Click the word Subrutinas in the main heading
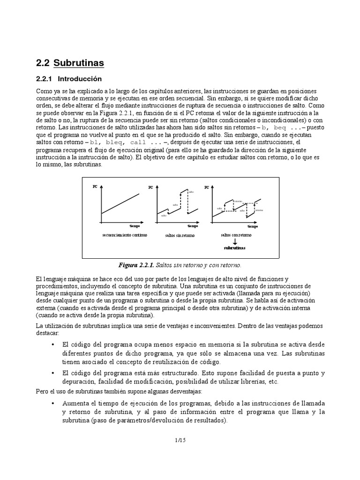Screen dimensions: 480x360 pyautogui.click(x=79, y=63)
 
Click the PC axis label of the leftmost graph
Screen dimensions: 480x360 pyautogui.click(x=95, y=187)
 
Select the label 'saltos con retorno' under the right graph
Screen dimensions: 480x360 pyautogui.click(x=235, y=234)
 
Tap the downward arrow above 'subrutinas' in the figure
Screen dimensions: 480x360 pyautogui.click(x=235, y=240)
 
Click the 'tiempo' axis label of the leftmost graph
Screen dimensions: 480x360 pyautogui.click(x=135, y=225)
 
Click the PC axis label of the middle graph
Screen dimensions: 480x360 pyautogui.click(x=150, y=187)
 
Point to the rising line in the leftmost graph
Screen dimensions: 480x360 pyautogui.click(x=120, y=202)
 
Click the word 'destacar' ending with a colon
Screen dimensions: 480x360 pyautogui.click(x=47, y=332)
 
